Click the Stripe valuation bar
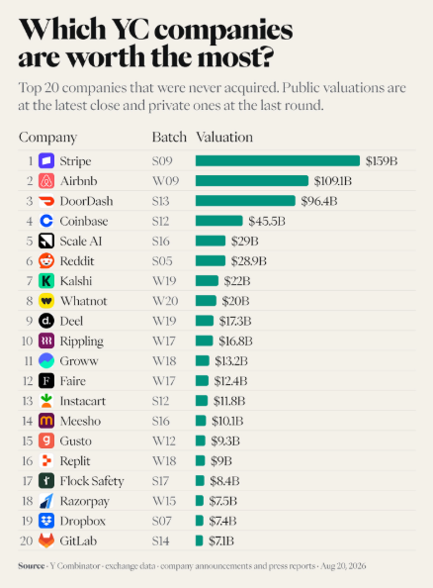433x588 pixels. click(x=278, y=161)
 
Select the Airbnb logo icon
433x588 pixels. click(x=46, y=181)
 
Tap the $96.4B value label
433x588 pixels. click(x=319, y=201)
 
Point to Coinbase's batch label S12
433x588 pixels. click(x=160, y=221)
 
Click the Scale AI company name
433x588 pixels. click(x=81, y=241)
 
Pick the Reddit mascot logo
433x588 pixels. click(x=46, y=260)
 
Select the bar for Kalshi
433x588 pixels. click(x=207, y=281)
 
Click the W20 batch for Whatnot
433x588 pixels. click(x=165, y=301)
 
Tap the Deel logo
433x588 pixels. click(x=46, y=321)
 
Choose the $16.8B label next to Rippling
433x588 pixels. click(x=235, y=341)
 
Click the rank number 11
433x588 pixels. click(x=29, y=360)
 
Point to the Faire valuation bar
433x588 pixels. click(x=202, y=381)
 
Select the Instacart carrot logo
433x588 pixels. click(x=46, y=401)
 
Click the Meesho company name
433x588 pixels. click(x=80, y=421)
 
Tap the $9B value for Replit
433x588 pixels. click(x=221, y=461)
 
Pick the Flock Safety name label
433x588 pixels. click(x=92, y=481)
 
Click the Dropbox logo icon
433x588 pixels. click(x=46, y=521)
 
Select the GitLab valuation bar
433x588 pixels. click(x=200, y=540)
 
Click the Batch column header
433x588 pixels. click(x=169, y=137)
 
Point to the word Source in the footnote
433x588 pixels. click(x=31, y=566)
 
